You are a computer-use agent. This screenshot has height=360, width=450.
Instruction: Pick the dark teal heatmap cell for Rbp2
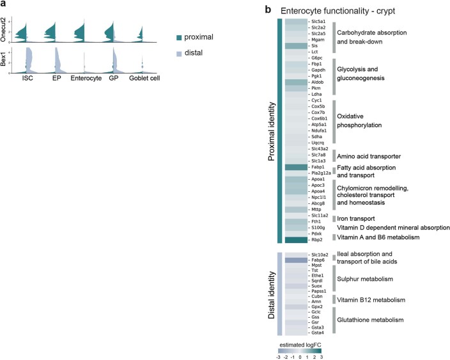(295, 240)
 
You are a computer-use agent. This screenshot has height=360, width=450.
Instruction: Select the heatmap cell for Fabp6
(295, 260)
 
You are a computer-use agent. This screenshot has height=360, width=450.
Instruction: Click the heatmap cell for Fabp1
(295, 167)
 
